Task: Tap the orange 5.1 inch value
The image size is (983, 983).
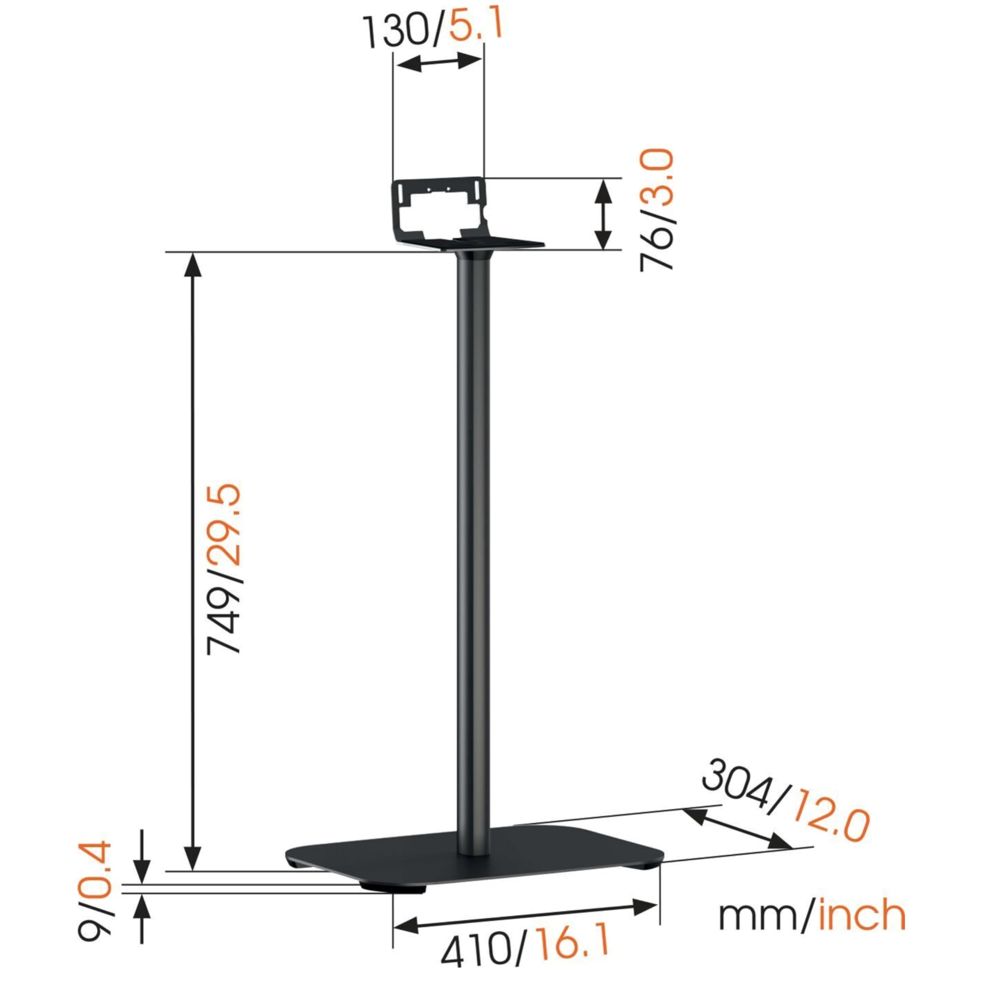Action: [476, 25]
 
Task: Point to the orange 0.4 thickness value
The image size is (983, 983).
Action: [94, 858]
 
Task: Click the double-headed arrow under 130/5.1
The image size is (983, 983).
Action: [439, 63]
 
